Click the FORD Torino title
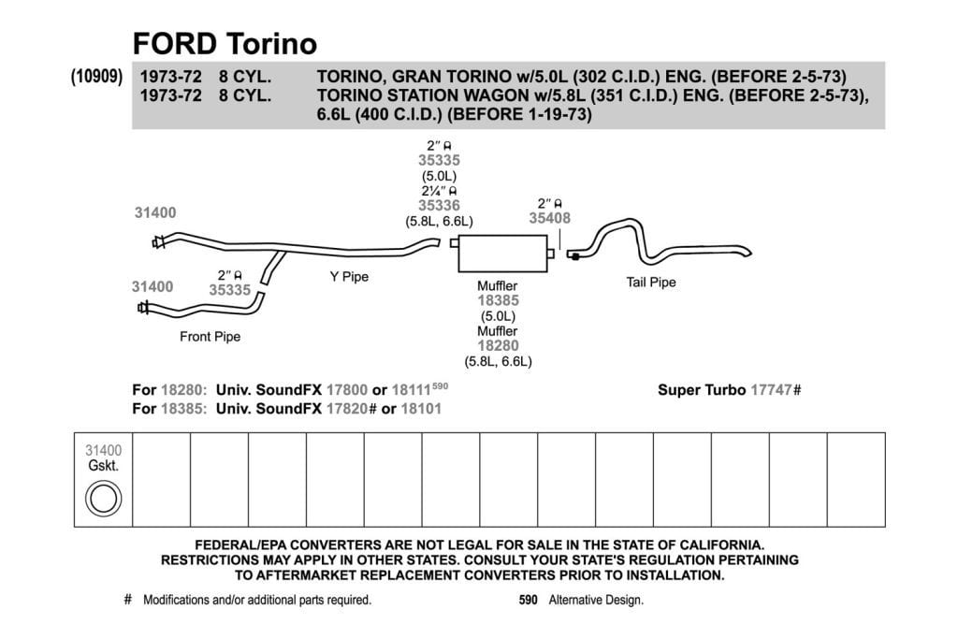tap(225, 44)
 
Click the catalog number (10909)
tap(96, 77)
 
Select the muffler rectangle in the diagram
tap(502, 253)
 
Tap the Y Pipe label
tap(349, 277)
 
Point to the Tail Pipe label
tap(651, 283)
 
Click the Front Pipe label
tap(210, 337)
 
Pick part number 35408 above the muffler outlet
tap(549, 218)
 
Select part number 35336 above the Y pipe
tap(439, 205)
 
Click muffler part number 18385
tap(498, 300)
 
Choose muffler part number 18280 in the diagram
tap(498, 346)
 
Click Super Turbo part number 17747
tap(771, 390)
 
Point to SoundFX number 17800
tap(346, 390)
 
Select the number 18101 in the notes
tap(421, 409)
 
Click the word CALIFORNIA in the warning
tap(715, 545)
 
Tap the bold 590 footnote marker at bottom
tap(528, 600)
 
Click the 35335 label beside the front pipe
tap(230, 290)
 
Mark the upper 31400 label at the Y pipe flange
tap(155, 212)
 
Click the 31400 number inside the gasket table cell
tap(103, 450)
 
